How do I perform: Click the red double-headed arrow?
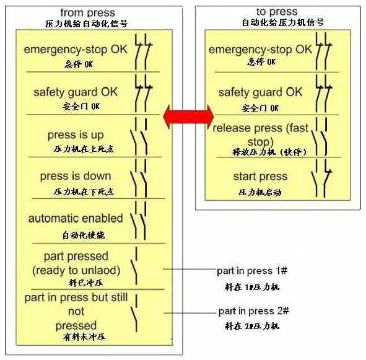point(188,116)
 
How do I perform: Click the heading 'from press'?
point(88,12)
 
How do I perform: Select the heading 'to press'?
point(277,11)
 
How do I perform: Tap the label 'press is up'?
point(76,135)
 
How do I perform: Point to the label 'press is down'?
point(76,176)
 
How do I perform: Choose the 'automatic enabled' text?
point(76,219)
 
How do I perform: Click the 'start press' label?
point(260,177)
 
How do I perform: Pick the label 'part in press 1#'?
point(252,271)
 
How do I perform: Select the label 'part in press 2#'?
point(254,311)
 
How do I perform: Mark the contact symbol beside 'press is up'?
point(139,137)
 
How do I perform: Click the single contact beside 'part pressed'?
point(134,266)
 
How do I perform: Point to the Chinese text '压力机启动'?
point(260,192)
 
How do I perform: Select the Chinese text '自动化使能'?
point(84,235)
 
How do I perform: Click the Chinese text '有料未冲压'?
point(84,336)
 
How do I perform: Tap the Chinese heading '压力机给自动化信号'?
point(86,24)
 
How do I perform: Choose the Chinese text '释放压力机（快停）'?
point(269,152)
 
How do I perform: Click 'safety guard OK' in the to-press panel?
point(260,92)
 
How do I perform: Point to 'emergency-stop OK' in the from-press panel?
point(76,50)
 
